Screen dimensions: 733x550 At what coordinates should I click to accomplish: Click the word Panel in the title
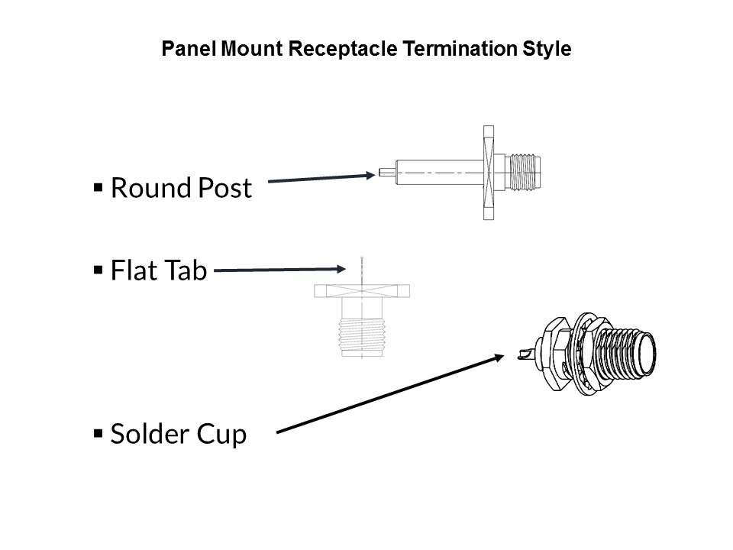click(x=189, y=49)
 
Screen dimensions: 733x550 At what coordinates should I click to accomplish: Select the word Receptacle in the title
click(x=343, y=50)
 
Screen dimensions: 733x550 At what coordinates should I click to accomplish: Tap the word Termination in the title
click(x=460, y=49)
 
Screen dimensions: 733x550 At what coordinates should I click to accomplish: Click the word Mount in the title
click(x=251, y=49)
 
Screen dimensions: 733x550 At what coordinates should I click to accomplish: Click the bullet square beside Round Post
click(x=98, y=188)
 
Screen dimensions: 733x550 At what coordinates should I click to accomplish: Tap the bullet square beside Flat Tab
click(x=98, y=270)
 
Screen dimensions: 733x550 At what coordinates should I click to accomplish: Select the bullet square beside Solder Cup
click(x=98, y=434)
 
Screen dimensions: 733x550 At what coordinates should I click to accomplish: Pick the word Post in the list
click(x=225, y=188)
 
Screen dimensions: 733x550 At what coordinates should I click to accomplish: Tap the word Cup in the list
click(x=221, y=435)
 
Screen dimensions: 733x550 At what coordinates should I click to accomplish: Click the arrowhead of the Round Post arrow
click(x=370, y=175)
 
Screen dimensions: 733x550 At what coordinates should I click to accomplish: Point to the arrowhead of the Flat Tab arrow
click(x=341, y=269)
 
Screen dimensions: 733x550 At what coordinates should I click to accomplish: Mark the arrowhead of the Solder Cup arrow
click(x=499, y=357)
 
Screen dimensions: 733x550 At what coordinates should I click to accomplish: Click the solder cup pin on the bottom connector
click(x=528, y=354)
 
